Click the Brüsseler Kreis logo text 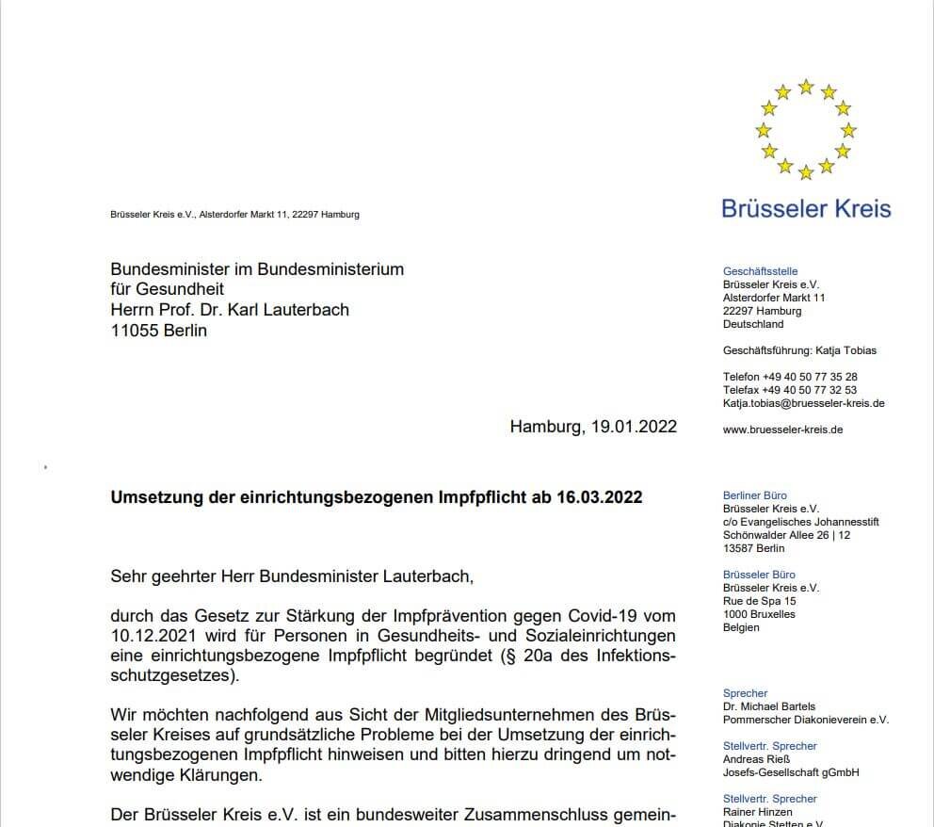click(806, 208)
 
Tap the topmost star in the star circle click(806, 87)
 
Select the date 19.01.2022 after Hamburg click(634, 427)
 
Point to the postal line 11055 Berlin click(158, 331)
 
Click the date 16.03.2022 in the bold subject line click(599, 496)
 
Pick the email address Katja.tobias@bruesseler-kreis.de click(803, 403)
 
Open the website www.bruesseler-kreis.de click(782, 430)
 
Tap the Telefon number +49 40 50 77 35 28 click(811, 377)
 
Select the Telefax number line click(789, 390)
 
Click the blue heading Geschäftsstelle click(760, 271)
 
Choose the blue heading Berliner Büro click(754, 495)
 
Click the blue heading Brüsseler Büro click(759, 575)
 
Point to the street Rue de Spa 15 click(759, 601)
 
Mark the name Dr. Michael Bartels click(768, 706)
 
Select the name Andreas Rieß click(756, 759)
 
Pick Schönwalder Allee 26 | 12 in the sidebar click(786, 535)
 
